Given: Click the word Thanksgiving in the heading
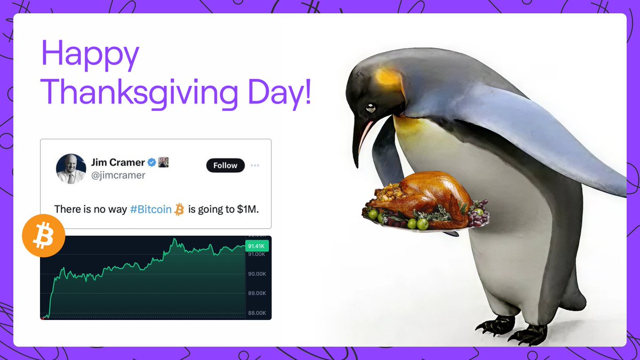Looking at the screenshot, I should [140, 92].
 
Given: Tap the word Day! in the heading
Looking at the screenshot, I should [278, 92].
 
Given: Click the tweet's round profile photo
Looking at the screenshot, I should [71, 169].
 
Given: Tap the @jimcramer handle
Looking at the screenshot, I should [118, 175].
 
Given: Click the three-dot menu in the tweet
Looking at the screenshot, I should [255, 165].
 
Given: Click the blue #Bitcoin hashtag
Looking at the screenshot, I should [150, 209].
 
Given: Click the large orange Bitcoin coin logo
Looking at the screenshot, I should [44, 236].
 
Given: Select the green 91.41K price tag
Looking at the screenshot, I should [257, 246].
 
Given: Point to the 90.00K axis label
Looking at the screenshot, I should [257, 274].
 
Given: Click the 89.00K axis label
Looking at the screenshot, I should [257, 293].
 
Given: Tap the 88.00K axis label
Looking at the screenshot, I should [257, 313].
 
